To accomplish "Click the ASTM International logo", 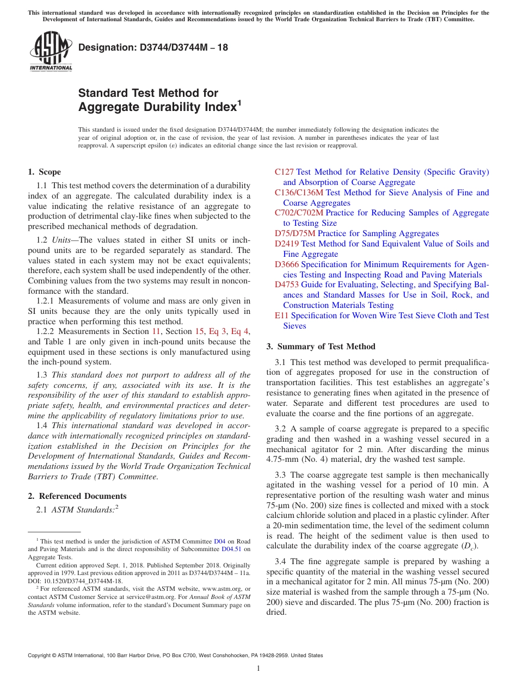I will click(51, 52).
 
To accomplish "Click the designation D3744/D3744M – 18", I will click(153, 48).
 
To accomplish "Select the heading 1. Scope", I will click(44, 172).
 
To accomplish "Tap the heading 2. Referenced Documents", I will click(77, 496).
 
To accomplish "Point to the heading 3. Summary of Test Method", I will click(321, 347).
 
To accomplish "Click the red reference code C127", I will click(284, 172).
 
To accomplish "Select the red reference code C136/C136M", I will click(299, 193).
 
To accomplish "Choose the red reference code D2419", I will click(286, 244).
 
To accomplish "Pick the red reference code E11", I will click(281, 316).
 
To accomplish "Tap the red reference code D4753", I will click(286, 285).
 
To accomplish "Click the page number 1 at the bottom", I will click(258, 668).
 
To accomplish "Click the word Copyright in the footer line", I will click(40, 656).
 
